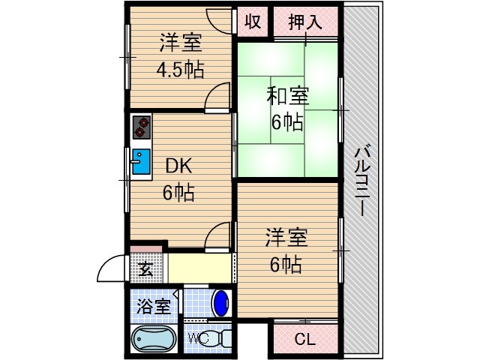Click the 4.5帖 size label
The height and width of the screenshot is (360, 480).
[180, 69]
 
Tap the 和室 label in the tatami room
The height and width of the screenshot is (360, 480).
[287, 96]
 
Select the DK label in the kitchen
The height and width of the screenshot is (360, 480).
[179, 166]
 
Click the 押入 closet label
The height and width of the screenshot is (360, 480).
[306, 22]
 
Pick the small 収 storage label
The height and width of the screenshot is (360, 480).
[253, 22]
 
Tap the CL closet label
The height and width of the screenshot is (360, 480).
[304, 340]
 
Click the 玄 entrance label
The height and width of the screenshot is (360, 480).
[143, 268]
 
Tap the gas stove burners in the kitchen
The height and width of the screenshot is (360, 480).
[139, 127]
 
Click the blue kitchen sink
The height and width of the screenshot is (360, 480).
[140, 161]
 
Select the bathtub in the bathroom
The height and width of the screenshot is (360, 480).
[153, 340]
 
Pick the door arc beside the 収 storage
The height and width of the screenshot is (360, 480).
[221, 19]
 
